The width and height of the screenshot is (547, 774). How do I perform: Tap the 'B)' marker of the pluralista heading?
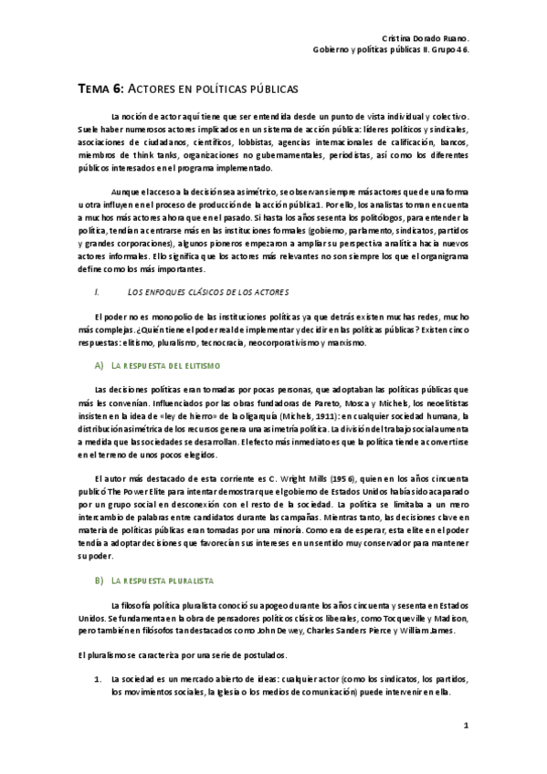coord(99,580)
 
